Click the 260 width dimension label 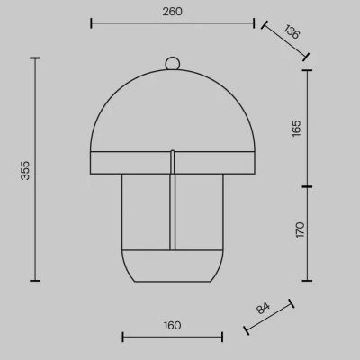click(172, 12)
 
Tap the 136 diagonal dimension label click(292, 31)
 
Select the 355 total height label click(25, 170)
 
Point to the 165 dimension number click(296, 129)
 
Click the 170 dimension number click(300, 230)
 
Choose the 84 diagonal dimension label click(263, 308)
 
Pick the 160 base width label click(172, 326)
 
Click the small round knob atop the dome click(173, 63)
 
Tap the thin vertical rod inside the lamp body click(173, 200)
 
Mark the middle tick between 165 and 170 click(307, 186)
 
